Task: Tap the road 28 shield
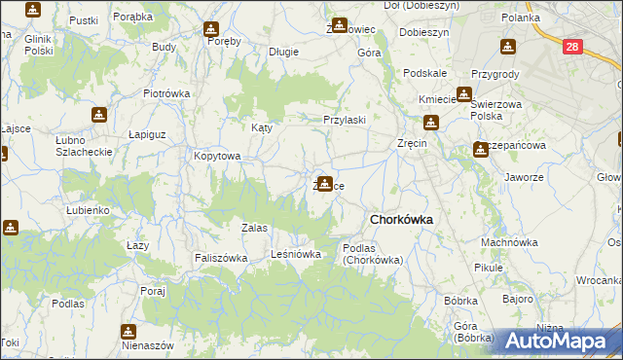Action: [x=572, y=46]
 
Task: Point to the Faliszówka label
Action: [x=220, y=258]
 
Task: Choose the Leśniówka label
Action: [x=296, y=255]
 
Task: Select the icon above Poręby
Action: [x=213, y=28]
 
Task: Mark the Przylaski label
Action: [x=345, y=120]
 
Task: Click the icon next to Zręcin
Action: [x=431, y=124]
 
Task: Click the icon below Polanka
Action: [x=507, y=46]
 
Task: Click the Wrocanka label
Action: [x=598, y=280]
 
